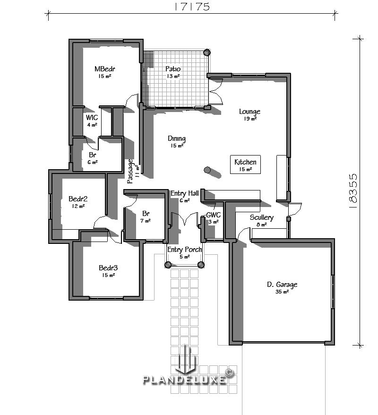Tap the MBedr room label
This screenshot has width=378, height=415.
pyautogui.click(x=104, y=69)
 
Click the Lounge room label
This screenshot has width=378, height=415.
pyautogui.click(x=249, y=112)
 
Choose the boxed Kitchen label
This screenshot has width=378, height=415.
pyautogui.click(x=245, y=162)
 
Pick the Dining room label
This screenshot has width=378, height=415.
pyautogui.click(x=177, y=138)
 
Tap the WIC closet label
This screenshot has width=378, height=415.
pyautogui.click(x=92, y=118)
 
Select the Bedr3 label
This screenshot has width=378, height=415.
pyautogui.click(x=108, y=268)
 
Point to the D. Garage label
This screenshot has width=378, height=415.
pyautogui.click(x=282, y=285)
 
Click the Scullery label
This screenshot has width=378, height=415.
pyautogui.click(x=261, y=217)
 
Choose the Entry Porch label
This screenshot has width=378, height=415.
pyautogui.click(x=184, y=250)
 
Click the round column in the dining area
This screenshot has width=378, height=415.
pyautogui.click(x=206, y=170)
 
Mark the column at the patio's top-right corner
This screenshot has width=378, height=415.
pyautogui.click(x=207, y=52)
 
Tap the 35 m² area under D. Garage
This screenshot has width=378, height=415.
pyautogui.click(x=282, y=292)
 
